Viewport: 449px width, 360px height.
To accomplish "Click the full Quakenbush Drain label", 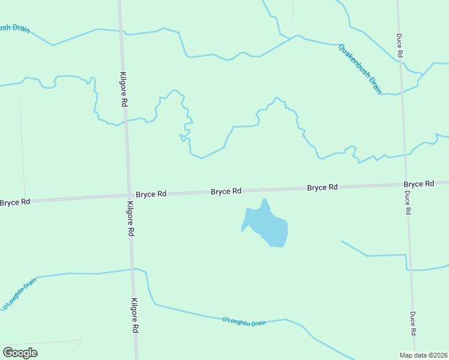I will click(360, 69).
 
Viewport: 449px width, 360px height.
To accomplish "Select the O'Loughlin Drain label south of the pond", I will click(244, 322).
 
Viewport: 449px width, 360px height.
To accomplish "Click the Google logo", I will click(20, 353).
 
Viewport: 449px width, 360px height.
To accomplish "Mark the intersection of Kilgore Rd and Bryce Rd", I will click(128, 195).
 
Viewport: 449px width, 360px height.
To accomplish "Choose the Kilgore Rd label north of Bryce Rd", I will click(124, 91).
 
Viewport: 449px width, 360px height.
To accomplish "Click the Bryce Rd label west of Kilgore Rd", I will click(15, 202).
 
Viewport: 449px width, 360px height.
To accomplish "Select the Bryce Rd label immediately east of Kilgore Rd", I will click(151, 194).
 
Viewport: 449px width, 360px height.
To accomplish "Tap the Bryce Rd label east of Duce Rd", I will click(418, 184).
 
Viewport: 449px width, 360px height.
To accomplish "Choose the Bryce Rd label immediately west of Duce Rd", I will click(322, 187).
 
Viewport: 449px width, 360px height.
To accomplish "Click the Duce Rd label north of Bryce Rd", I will click(400, 46).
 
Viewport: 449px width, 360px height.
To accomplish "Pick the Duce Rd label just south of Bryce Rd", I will click(407, 203).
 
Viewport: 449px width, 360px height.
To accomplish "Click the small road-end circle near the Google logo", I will click(78, 342).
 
